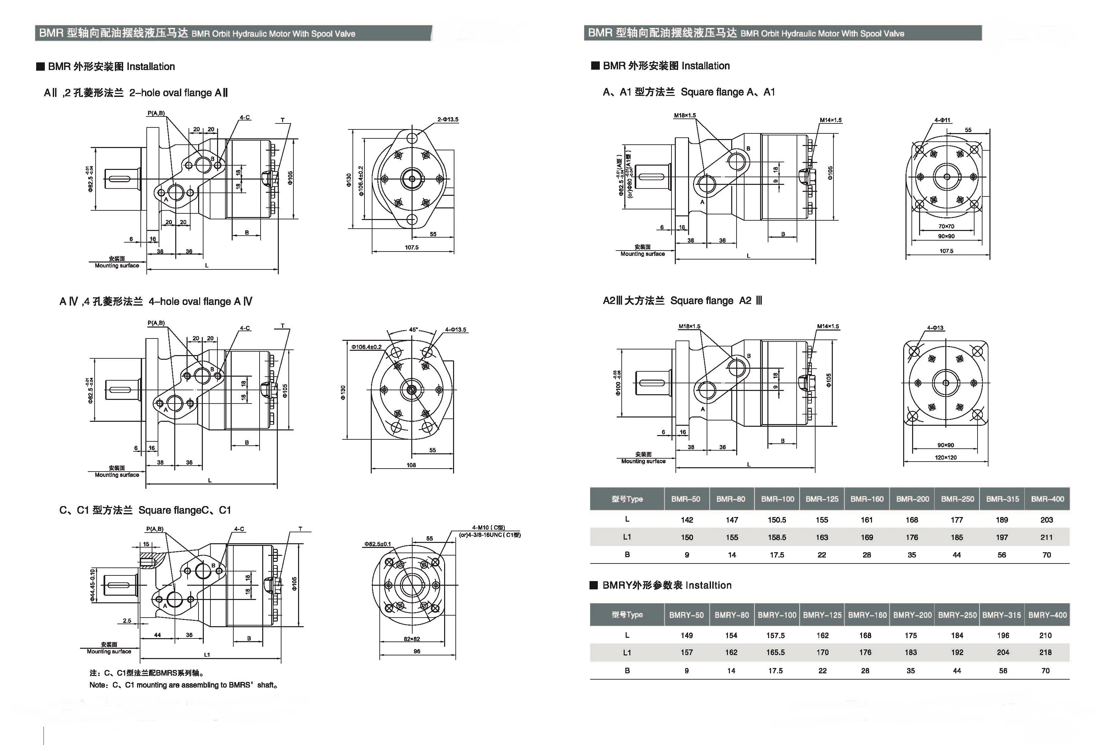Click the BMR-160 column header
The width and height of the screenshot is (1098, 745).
[x=867, y=499]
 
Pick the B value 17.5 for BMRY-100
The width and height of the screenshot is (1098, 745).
[x=775, y=670]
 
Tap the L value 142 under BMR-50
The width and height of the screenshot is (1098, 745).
[x=687, y=520]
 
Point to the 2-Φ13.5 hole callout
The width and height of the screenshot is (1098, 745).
[x=447, y=119]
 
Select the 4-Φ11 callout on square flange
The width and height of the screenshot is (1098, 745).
[x=942, y=120]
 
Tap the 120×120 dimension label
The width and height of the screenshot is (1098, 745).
[x=945, y=457]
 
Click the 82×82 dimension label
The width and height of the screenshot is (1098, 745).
[x=412, y=639]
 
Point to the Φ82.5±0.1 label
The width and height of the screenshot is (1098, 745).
[x=377, y=544]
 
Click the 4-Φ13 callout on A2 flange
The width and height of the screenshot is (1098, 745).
[x=935, y=328]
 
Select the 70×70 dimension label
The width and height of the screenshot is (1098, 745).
[x=946, y=226]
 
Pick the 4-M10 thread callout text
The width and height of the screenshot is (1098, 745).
[x=489, y=528]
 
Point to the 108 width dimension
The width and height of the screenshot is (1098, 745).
[x=411, y=465]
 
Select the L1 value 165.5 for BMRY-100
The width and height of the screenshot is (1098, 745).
[x=775, y=652]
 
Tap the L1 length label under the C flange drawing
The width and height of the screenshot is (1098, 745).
[x=207, y=655]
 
